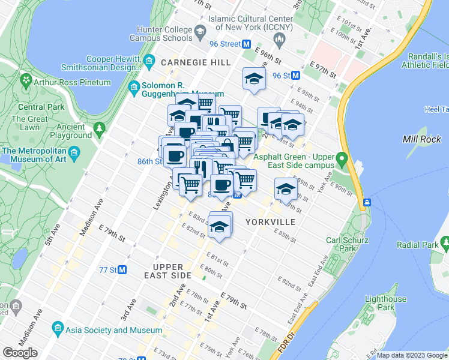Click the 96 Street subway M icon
point(246,44)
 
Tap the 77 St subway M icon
point(122,270)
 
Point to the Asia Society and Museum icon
point(58,329)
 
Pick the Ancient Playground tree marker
point(100,128)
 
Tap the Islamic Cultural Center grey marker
point(279,40)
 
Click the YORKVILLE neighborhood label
point(270,222)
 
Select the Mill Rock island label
point(422,139)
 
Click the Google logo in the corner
point(20,353)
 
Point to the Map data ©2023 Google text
point(412,355)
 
